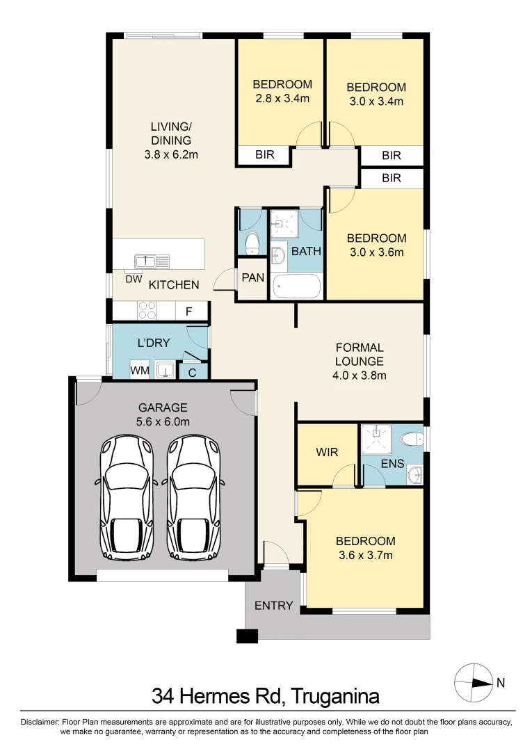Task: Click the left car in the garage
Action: (x=127, y=497)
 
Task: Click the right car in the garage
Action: (x=193, y=497)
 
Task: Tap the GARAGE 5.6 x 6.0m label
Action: (x=163, y=414)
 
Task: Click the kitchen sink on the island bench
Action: (x=152, y=261)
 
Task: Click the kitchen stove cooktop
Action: (x=147, y=310)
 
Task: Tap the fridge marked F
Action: (x=188, y=311)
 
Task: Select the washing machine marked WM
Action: (x=140, y=371)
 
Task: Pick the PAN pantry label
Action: (x=252, y=278)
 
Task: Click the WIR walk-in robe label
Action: (x=327, y=453)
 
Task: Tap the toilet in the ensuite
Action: (x=412, y=439)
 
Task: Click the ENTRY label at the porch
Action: (x=273, y=606)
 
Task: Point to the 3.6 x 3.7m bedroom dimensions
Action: (x=365, y=555)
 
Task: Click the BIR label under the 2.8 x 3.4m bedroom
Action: (x=265, y=155)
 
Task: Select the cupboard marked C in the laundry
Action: (x=192, y=372)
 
